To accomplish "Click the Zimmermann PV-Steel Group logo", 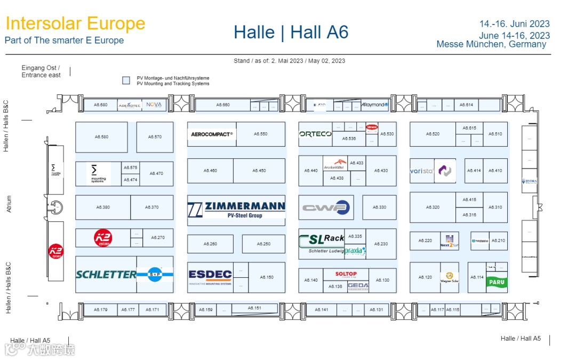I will pos(236,207).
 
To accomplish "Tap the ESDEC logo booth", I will pos(210,277).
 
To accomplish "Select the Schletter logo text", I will pos(106,275).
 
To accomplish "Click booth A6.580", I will pos(101,137).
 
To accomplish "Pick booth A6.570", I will pos(155,137).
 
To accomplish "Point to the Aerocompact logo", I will pos(212,134).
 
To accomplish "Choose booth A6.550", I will pos(260,134).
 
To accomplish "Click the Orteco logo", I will pos(315,134).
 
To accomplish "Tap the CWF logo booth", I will pos(326,207).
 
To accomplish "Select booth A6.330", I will pos(379,207).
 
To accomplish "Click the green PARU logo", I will pos(497,283).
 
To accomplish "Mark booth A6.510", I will pos(495,134).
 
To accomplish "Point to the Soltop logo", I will pos(346,274).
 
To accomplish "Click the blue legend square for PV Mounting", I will pos(126,81).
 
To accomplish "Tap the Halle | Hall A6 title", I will pos(291,33).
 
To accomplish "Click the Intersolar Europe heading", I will pos(75,23).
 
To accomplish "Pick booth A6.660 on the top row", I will pos(223,105).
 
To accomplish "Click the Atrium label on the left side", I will pos(9,204).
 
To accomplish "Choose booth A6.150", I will pos(267,277).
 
